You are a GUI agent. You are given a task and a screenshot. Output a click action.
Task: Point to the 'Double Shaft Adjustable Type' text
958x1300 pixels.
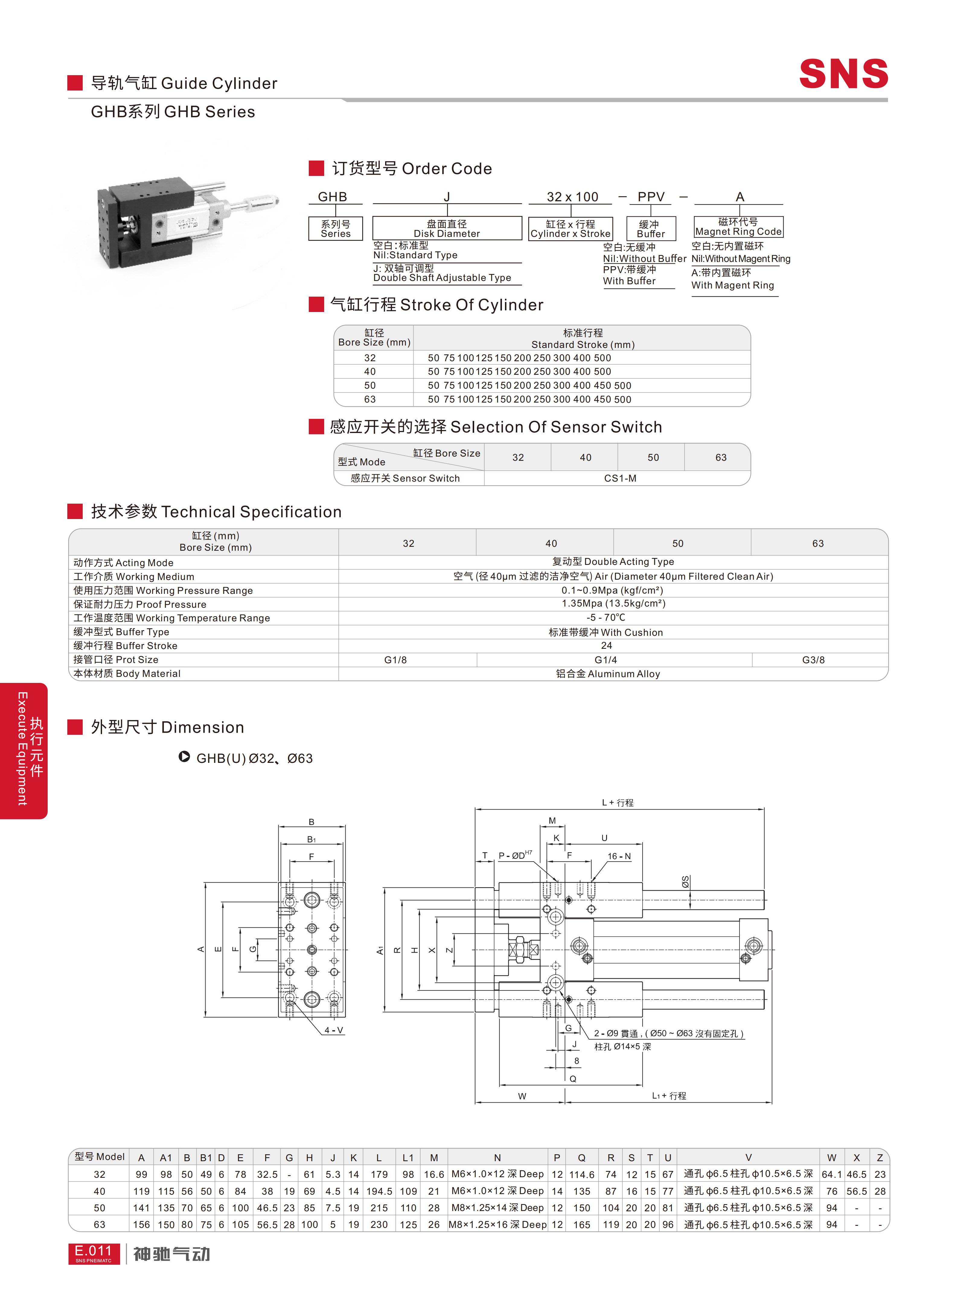(442, 278)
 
